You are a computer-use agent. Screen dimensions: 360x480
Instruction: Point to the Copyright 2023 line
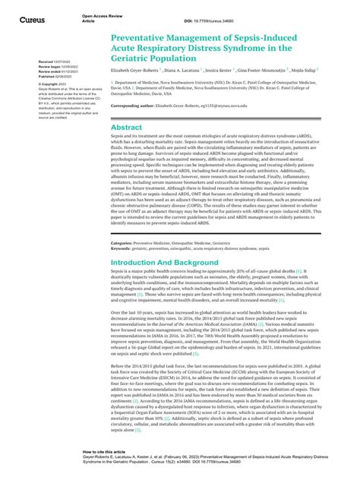(50, 84)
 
